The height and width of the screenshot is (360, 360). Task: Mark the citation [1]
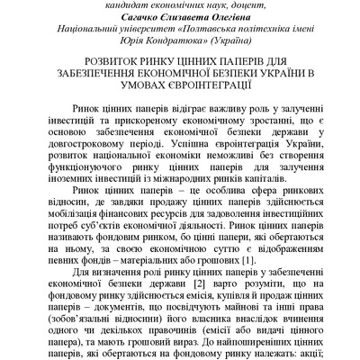247,260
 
